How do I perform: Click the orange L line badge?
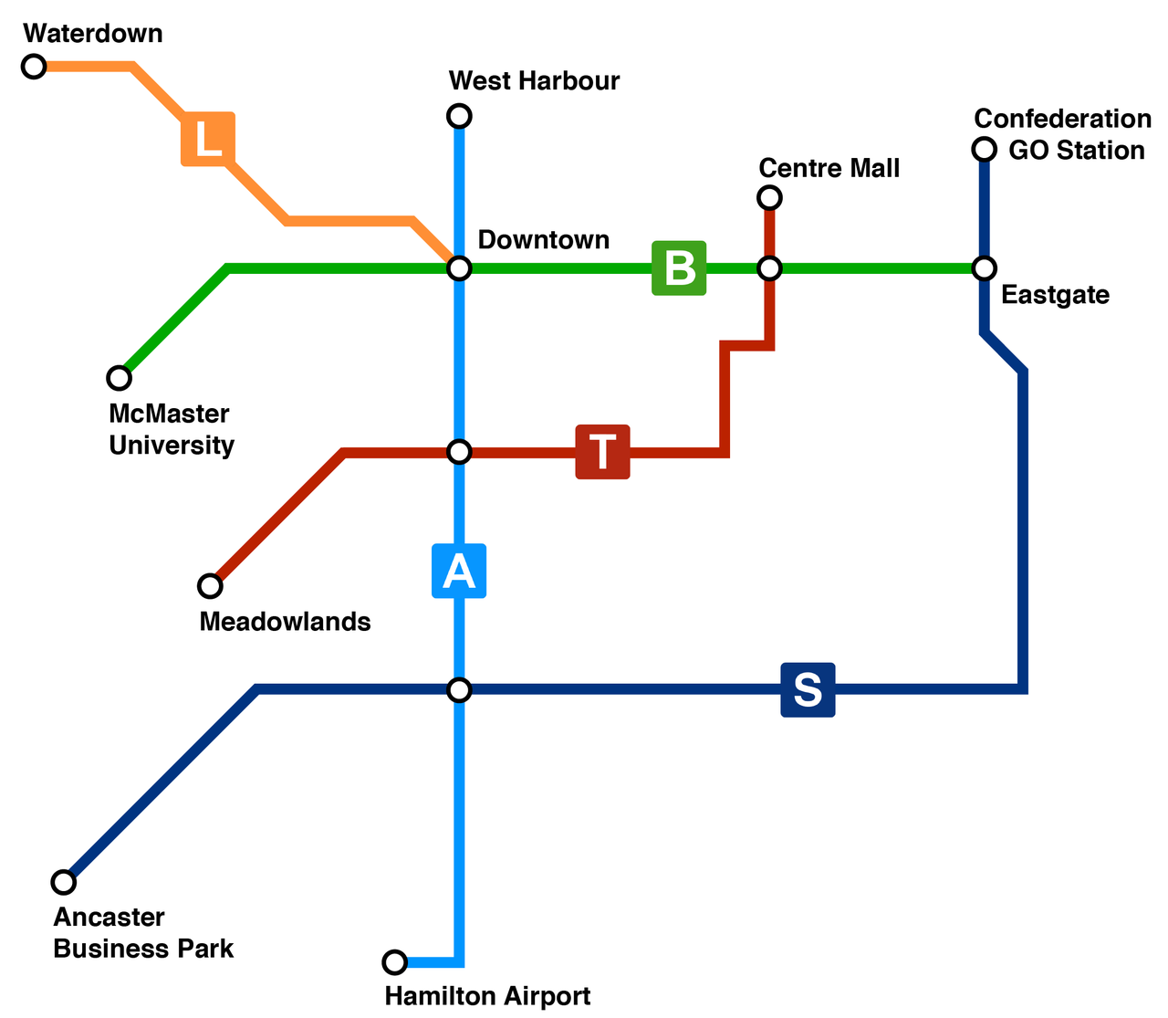click(x=208, y=139)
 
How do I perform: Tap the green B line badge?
click(x=679, y=268)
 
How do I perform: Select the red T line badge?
click(x=602, y=452)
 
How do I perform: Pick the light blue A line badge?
click(x=459, y=572)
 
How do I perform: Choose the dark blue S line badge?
click(x=808, y=689)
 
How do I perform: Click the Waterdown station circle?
click(x=34, y=66)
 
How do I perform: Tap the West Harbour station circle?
click(x=460, y=116)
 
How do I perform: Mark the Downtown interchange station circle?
click(x=460, y=268)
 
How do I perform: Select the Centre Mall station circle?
click(x=770, y=197)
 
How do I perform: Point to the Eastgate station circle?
click(x=984, y=268)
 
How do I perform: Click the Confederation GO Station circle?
click(x=984, y=149)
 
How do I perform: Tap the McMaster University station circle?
click(x=120, y=377)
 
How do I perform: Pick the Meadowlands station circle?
click(x=211, y=585)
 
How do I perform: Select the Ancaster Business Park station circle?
click(x=63, y=882)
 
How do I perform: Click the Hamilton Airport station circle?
click(x=394, y=961)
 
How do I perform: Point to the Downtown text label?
click(x=544, y=240)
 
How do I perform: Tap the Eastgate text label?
click(x=1055, y=296)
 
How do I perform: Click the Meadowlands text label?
click(x=285, y=622)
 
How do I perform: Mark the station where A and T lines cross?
click(x=460, y=452)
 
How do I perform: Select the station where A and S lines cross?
click(x=460, y=689)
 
